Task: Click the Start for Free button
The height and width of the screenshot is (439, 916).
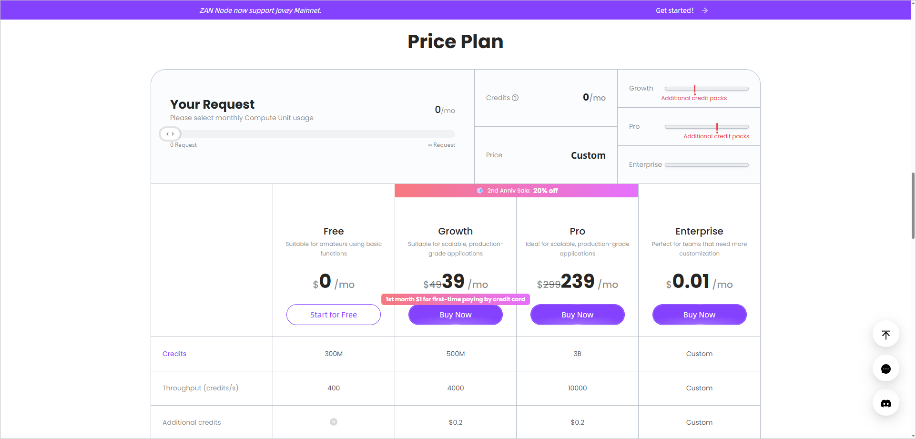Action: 333,315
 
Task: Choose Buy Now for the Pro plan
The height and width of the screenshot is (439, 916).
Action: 577,315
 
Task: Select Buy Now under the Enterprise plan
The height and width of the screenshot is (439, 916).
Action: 699,315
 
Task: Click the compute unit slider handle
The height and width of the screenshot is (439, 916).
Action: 170,134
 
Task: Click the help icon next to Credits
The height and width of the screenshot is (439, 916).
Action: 515,98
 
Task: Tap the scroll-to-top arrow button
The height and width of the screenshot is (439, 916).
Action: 885,334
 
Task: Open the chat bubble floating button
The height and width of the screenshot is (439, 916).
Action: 885,368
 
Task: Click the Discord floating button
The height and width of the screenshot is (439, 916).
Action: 885,403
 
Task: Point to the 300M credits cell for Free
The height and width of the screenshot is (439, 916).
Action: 334,354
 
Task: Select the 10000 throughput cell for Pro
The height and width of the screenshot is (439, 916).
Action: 577,388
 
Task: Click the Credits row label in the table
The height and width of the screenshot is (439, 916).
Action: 174,354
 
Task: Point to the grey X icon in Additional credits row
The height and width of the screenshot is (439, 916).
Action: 334,422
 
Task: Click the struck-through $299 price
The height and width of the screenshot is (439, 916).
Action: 549,285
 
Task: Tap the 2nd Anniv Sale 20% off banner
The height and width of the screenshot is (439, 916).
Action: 517,191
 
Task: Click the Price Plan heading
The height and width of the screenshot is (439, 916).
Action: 455,41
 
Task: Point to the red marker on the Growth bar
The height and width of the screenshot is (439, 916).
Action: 694,89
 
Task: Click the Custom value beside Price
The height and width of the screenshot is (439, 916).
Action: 588,155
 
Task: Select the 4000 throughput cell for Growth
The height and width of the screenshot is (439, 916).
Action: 455,388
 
